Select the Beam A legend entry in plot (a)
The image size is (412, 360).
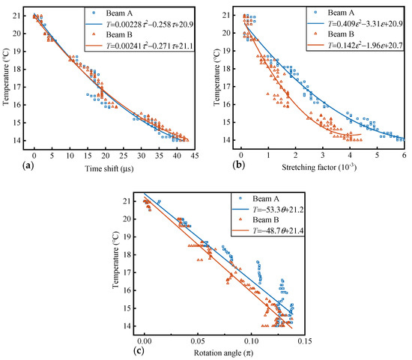(120, 13)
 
